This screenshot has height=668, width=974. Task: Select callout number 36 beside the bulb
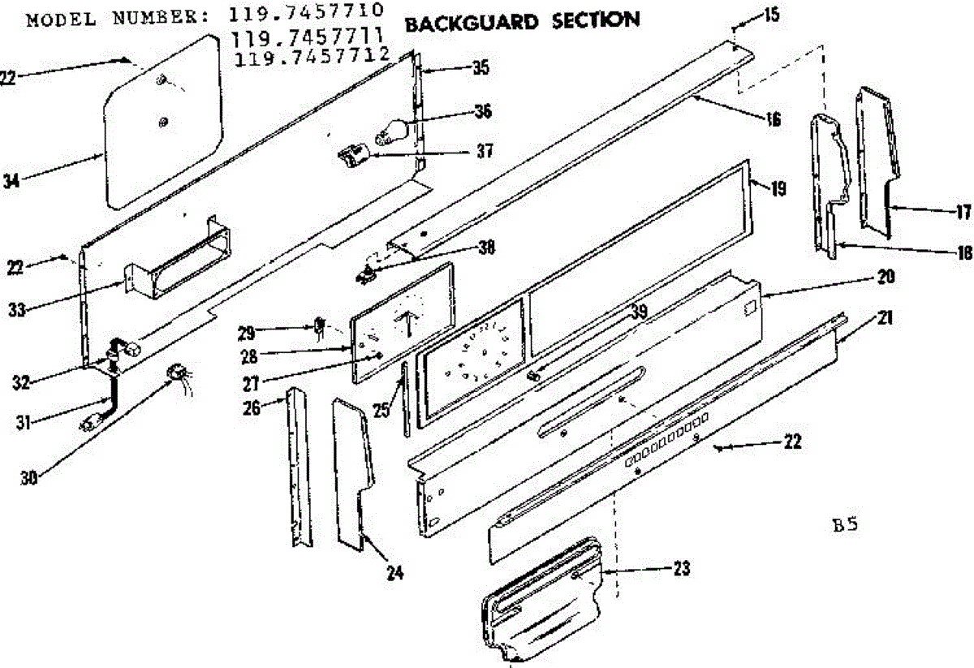(483, 111)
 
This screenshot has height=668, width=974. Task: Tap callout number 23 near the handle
(681, 569)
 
